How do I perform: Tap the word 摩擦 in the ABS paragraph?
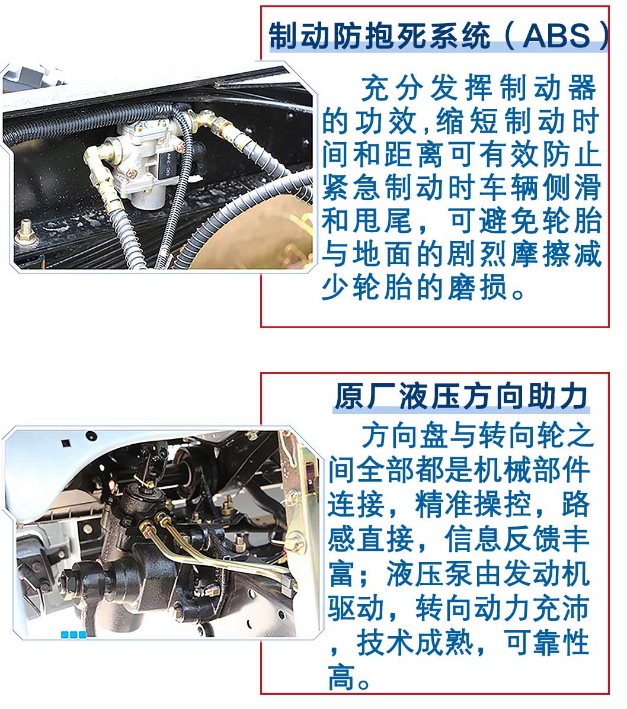(540, 254)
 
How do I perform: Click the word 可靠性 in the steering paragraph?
(546, 642)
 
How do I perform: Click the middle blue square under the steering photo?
(73, 634)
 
